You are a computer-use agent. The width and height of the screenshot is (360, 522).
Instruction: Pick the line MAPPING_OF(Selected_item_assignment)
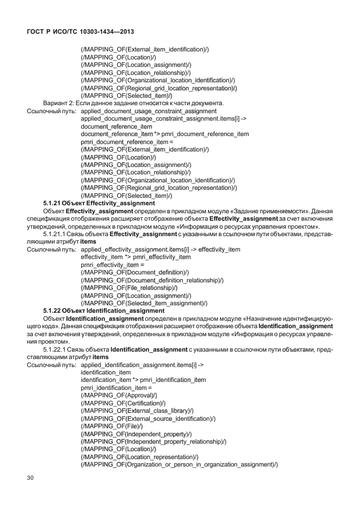click(x=144, y=303)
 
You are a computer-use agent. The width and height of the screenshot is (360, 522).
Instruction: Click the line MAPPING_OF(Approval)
click(x=119, y=395)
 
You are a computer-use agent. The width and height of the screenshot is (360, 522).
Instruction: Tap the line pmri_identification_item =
click(x=115, y=388)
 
